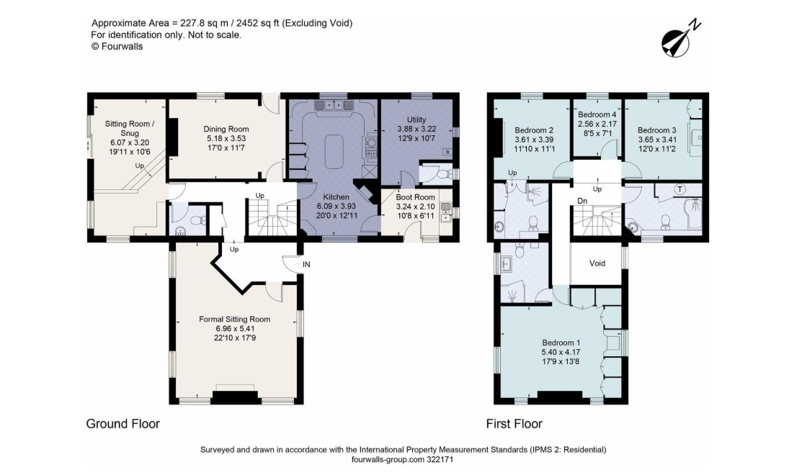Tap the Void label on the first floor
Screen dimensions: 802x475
point(597,263)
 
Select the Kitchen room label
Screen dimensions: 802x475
point(336,197)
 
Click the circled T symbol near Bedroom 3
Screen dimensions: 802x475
point(680,189)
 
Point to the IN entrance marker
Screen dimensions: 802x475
point(306,265)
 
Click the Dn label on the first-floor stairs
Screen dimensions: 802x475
point(582,202)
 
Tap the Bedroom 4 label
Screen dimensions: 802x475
point(597,114)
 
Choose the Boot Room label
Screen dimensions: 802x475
point(415,197)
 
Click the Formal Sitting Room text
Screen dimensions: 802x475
point(235,320)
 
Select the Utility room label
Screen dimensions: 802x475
point(416,120)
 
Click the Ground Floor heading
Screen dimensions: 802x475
point(122,424)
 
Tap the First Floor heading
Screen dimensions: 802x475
point(514,424)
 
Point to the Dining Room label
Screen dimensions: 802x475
point(226,130)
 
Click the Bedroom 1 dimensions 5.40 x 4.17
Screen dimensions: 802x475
point(561,352)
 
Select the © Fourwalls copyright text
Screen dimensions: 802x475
point(117,47)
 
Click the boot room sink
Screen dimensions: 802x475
point(445,211)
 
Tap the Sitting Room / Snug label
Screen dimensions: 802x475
point(130,128)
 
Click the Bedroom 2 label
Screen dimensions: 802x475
point(534,130)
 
